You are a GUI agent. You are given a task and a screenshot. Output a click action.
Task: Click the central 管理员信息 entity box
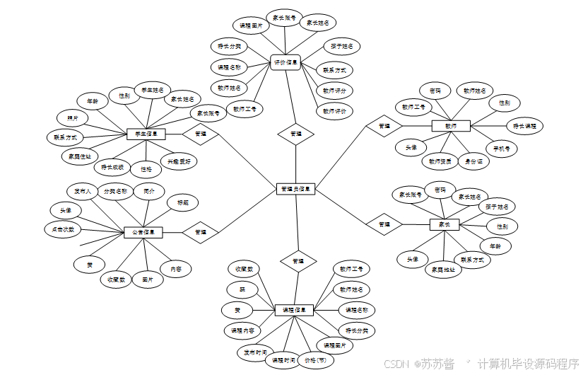(x=295, y=189)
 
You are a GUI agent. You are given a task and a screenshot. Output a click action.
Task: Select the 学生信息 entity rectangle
(x=146, y=133)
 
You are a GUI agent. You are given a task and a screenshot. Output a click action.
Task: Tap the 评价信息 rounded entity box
(x=287, y=63)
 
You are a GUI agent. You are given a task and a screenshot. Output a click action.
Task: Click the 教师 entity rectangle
(x=451, y=125)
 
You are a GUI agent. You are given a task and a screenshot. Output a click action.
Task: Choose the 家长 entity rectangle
(x=444, y=224)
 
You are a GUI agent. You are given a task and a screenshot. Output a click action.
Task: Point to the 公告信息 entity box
(x=143, y=231)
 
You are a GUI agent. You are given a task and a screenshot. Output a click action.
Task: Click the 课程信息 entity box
(x=293, y=310)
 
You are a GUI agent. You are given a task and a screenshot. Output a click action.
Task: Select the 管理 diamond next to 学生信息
(x=201, y=133)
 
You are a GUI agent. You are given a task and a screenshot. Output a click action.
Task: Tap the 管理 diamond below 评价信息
(x=296, y=133)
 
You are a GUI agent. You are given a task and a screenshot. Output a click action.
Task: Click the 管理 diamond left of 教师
(x=384, y=125)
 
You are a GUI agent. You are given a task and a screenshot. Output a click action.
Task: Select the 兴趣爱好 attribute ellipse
(x=179, y=161)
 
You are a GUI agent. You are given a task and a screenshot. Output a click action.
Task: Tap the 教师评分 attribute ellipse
(x=334, y=91)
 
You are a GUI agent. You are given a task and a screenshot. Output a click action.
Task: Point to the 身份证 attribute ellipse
(x=473, y=161)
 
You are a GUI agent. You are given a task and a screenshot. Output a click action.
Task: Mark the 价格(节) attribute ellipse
(x=315, y=359)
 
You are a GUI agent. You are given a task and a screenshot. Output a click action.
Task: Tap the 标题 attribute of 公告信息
(x=183, y=203)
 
